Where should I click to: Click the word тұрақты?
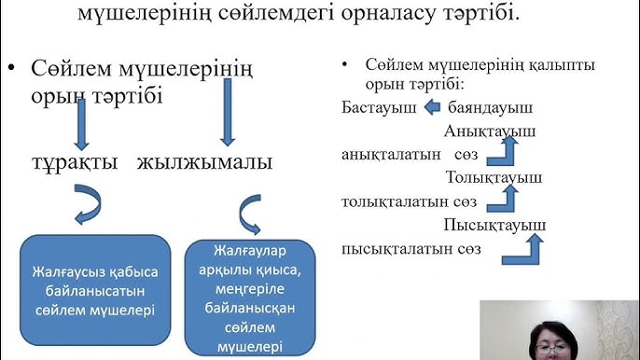71,162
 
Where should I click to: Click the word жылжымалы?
204,162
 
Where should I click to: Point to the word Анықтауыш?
490,132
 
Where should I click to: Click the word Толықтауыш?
494,176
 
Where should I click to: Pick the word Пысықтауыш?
494,225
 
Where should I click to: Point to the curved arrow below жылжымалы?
250,214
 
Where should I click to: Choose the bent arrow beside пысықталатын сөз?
533,246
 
